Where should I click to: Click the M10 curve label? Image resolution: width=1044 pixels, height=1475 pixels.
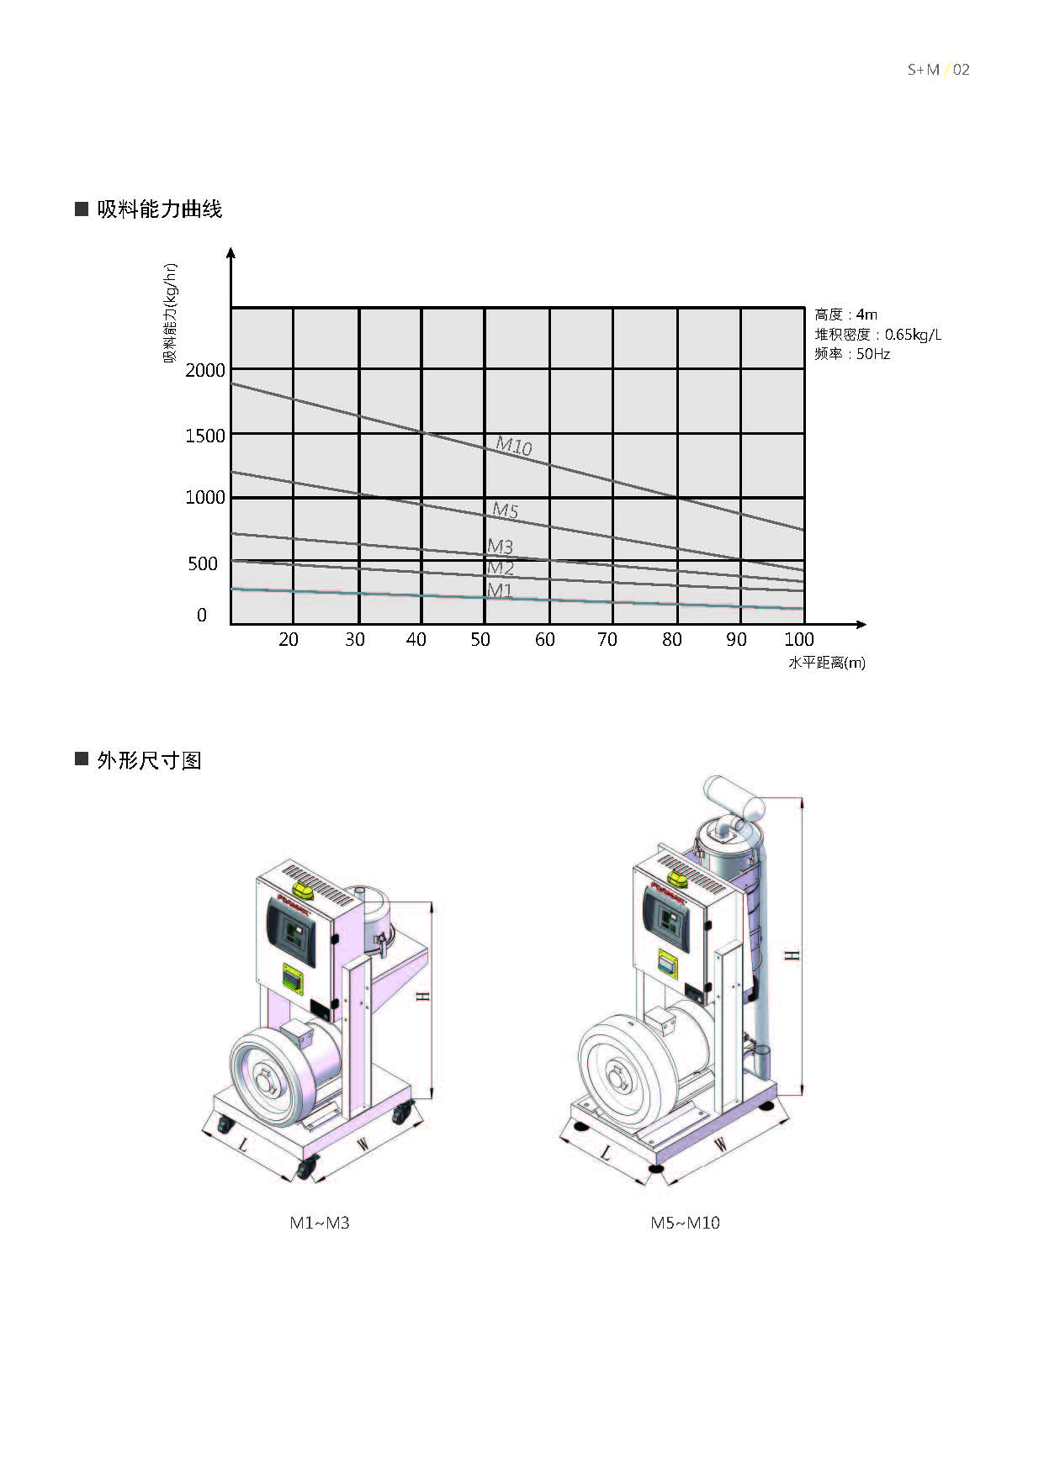(513, 445)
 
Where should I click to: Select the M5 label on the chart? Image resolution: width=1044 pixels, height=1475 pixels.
(505, 510)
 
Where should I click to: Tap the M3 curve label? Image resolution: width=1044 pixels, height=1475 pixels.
(500, 547)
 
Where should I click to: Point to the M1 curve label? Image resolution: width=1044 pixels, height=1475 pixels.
(499, 589)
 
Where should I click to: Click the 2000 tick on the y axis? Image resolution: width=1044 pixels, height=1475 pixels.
(205, 370)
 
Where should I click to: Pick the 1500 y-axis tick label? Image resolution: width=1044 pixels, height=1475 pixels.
(205, 436)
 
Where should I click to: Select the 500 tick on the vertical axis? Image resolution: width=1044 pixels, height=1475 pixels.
(203, 563)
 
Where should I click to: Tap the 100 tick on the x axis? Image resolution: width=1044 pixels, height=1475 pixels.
(799, 639)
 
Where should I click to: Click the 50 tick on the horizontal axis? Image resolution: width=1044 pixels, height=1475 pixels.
(480, 639)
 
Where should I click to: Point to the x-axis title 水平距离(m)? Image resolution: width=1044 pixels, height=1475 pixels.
(827, 663)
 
